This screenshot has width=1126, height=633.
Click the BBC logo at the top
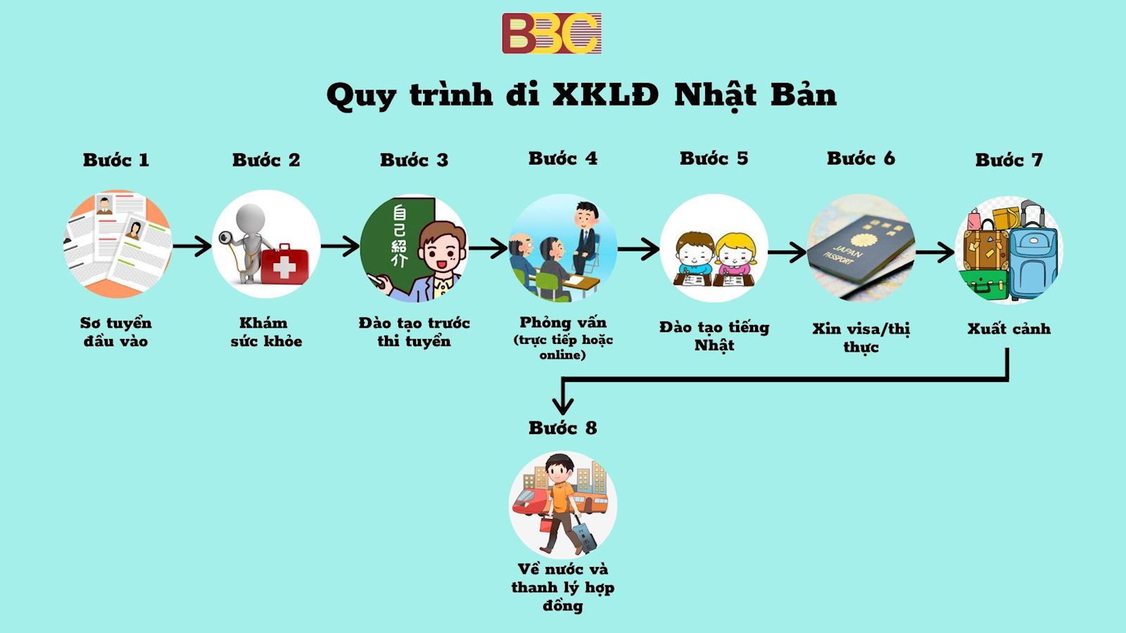coord(551,33)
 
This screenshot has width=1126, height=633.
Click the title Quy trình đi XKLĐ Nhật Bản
coord(581,95)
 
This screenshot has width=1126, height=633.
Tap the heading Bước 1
coord(116,160)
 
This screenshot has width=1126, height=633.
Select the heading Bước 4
coord(562,159)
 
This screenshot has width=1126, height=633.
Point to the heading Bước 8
coord(562,428)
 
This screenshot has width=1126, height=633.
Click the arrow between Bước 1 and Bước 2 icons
coord(191,245)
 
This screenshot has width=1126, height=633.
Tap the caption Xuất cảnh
coord(1008,328)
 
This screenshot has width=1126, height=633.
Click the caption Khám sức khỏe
coord(266,332)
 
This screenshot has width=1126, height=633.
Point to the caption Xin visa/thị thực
coord(861,338)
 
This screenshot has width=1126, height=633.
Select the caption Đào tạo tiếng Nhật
coord(714,336)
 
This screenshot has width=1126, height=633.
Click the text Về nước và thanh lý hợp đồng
coord(562,587)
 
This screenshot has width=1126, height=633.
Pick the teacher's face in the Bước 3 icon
coord(442,253)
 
